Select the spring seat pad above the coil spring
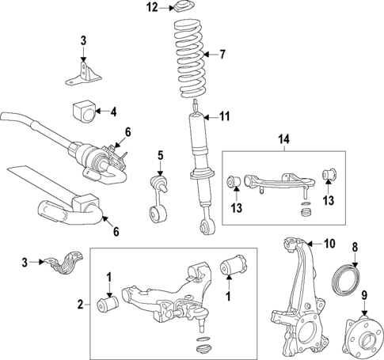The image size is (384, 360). pyautogui.click(x=186, y=9)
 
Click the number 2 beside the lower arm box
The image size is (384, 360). pyautogui.click(x=80, y=303)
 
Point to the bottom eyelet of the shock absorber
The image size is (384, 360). pyautogui.click(x=207, y=228)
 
